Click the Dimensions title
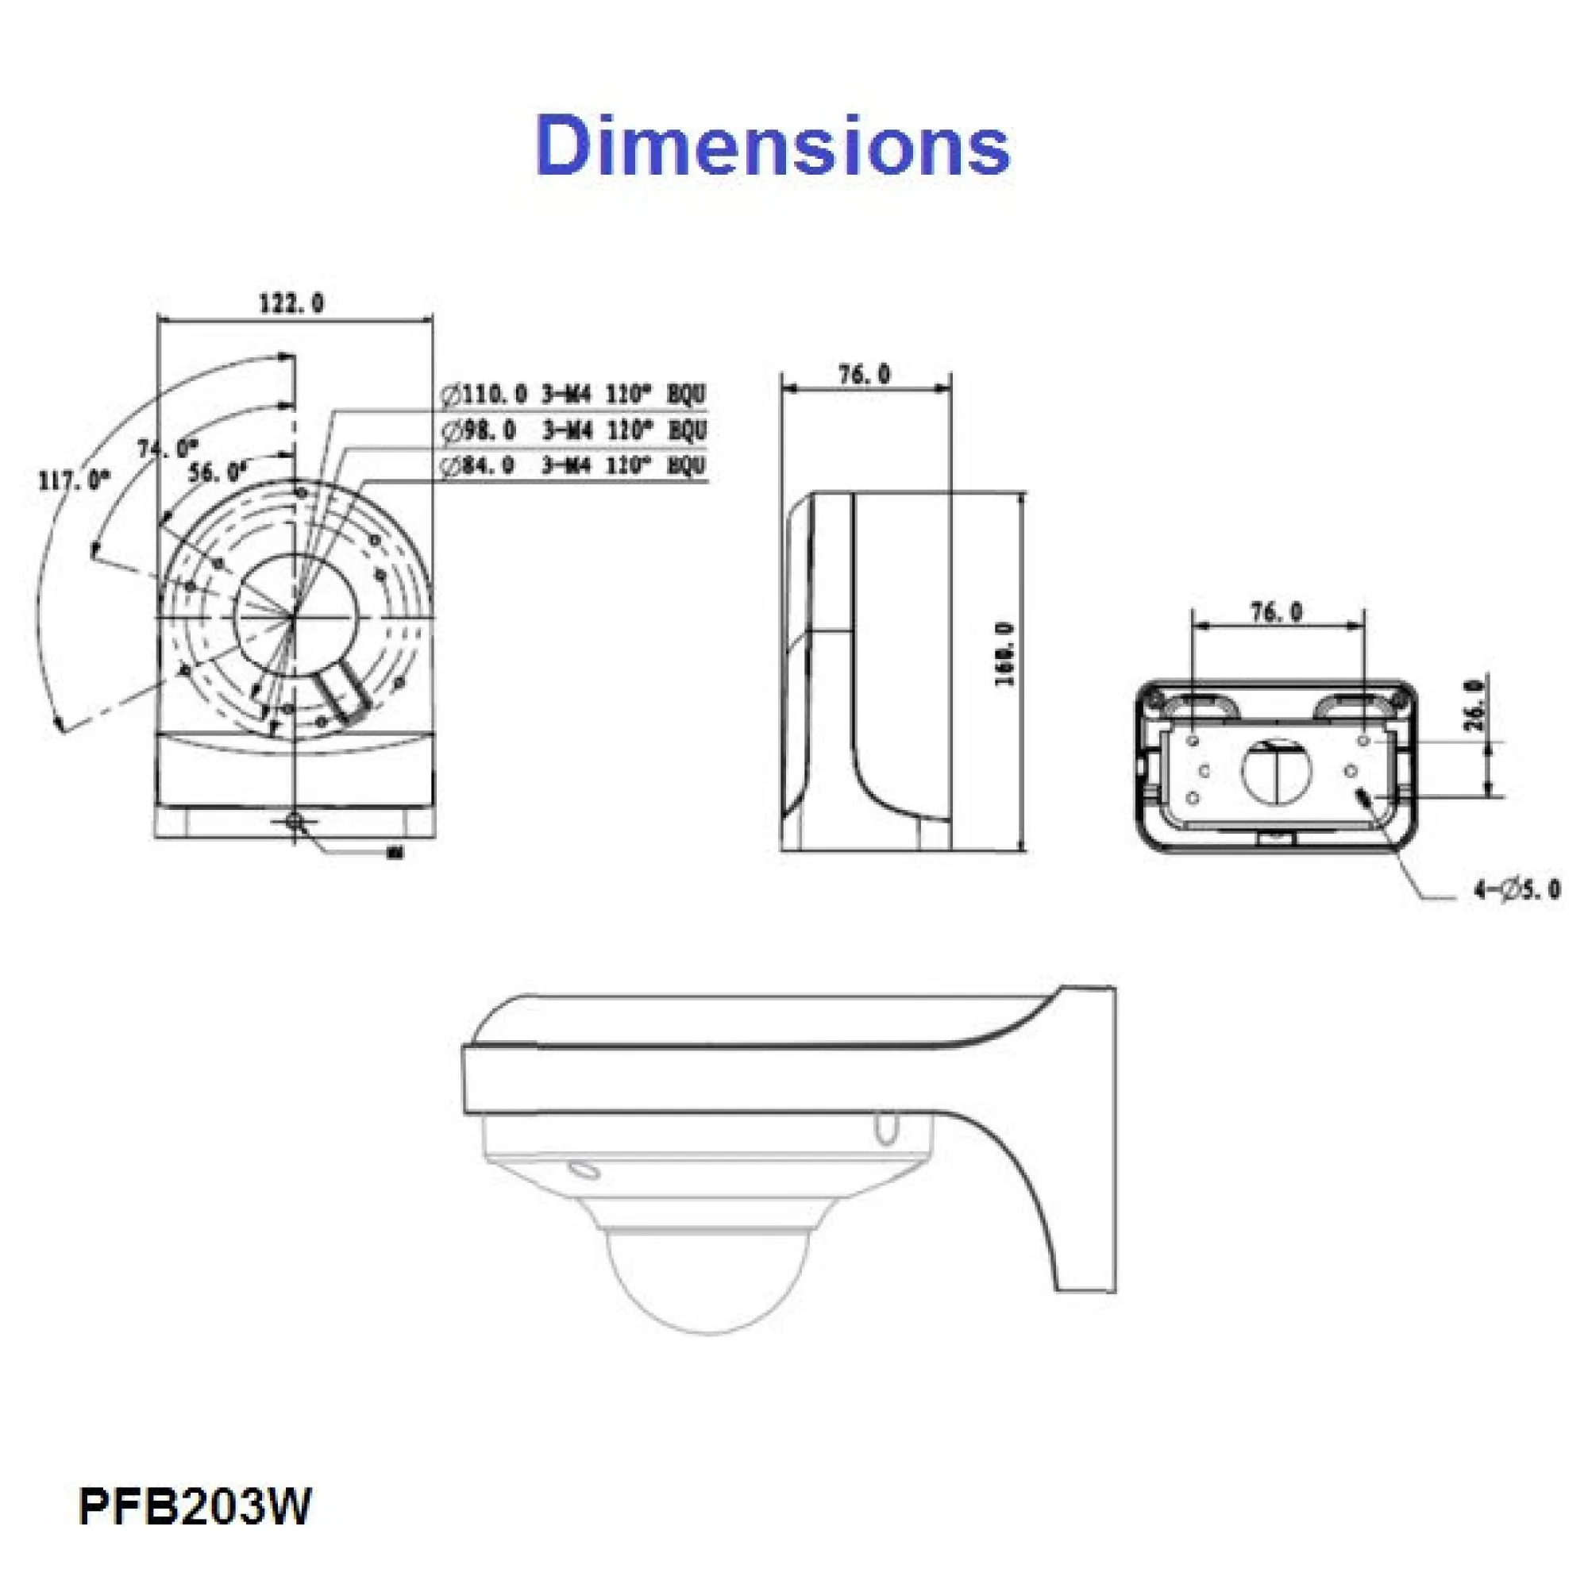(x=772, y=145)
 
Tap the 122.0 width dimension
(x=291, y=303)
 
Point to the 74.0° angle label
(x=168, y=449)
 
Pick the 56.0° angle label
(x=218, y=472)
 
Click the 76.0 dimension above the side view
(x=864, y=374)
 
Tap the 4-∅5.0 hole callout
(x=1516, y=889)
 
